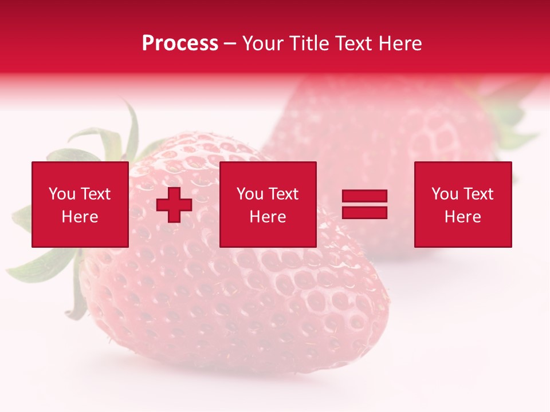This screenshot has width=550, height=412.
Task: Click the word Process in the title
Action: [x=180, y=43]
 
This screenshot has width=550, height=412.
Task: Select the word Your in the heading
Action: [x=262, y=43]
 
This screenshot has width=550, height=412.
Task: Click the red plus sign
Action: [x=174, y=205]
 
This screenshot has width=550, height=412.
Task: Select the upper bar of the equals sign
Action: [x=364, y=196]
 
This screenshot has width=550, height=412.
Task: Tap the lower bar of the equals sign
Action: [x=364, y=212]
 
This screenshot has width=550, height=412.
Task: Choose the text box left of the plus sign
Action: [x=80, y=204]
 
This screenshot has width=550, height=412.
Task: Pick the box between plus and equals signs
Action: [x=268, y=204]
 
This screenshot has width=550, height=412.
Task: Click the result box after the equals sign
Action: [x=463, y=204]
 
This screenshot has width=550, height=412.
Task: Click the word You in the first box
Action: [x=62, y=194]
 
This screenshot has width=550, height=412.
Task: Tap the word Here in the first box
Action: [x=80, y=217]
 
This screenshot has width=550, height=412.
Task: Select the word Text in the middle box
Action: [x=284, y=194]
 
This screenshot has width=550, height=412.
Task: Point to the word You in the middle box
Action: [x=250, y=194]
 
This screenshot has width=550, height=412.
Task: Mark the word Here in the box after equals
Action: [x=463, y=217]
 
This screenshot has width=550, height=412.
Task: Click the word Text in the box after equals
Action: [x=478, y=194]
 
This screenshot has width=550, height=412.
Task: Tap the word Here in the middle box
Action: [x=268, y=217]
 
